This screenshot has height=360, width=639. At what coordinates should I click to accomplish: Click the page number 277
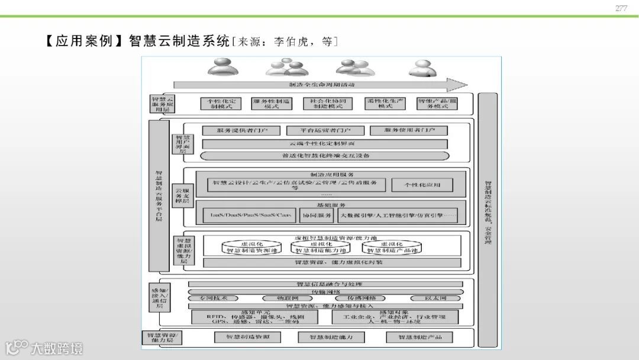click(x=621, y=8)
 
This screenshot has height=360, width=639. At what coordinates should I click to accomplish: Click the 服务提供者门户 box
click(x=241, y=130)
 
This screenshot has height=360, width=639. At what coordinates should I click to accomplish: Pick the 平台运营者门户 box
click(x=325, y=130)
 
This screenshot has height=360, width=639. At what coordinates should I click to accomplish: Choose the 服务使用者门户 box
click(x=408, y=130)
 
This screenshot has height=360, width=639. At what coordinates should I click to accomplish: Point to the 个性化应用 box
click(x=422, y=185)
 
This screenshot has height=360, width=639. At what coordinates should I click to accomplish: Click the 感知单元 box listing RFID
click(x=255, y=317)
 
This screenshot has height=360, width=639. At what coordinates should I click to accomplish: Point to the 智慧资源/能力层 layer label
click(x=162, y=337)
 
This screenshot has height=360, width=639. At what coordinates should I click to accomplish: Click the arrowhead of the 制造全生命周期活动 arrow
click(x=457, y=85)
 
